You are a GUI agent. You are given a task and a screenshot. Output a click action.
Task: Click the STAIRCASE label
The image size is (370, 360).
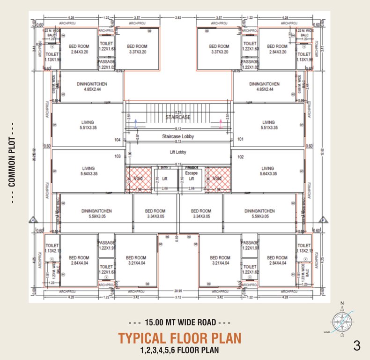click(x=178, y=117)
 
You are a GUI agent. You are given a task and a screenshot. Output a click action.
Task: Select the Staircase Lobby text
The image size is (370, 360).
click(x=178, y=136)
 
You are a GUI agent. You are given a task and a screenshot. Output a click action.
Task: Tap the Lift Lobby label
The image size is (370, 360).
click(x=178, y=152)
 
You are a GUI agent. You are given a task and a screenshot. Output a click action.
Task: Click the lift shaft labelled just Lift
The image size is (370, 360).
click(x=164, y=179)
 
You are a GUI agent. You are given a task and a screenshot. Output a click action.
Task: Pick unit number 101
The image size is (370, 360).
click(x=241, y=140)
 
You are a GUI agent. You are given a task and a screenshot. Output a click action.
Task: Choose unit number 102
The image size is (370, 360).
click(x=241, y=157)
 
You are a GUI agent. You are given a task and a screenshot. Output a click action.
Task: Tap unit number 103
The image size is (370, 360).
click(x=117, y=157)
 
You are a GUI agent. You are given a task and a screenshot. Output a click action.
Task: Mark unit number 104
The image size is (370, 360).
click(x=117, y=140)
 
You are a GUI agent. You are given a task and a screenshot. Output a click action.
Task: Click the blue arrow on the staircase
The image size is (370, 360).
click(x=136, y=123)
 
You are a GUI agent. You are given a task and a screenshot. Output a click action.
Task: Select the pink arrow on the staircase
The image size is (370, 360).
click(x=220, y=123)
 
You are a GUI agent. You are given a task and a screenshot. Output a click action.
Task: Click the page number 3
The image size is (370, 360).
click(x=357, y=346)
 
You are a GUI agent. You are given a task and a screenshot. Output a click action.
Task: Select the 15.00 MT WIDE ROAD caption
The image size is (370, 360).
click(x=180, y=322)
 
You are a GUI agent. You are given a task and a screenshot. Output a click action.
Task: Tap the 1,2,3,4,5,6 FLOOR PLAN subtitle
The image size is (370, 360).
click(x=179, y=350)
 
